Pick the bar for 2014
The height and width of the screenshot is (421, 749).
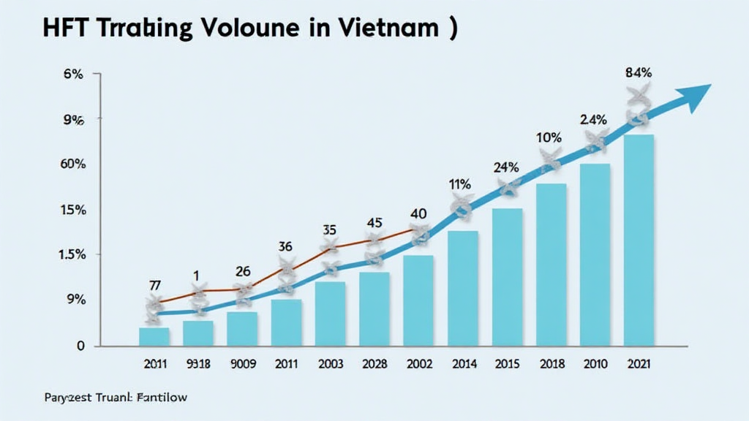click(462, 288)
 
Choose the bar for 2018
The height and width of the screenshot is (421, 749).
click(551, 264)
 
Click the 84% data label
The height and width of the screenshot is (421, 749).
click(639, 72)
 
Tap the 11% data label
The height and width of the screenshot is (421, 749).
click(459, 184)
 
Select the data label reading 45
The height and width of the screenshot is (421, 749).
click(374, 222)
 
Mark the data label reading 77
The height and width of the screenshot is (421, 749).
click(156, 285)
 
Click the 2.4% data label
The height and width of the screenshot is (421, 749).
click(594, 119)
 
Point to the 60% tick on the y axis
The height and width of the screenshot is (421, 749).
click(73, 164)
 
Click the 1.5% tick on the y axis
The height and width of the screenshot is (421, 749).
click(73, 254)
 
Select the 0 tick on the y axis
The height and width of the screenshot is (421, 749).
click(80, 346)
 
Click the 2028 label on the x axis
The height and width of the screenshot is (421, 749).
click(374, 363)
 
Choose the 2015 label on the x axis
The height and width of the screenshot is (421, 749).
click(506, 363)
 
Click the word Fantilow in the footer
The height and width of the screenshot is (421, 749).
click(161, 398)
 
